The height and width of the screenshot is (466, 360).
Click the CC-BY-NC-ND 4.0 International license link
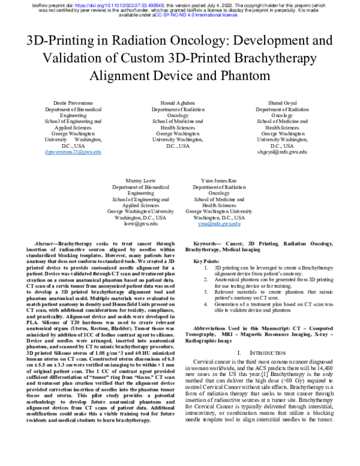click(x=195, y=16)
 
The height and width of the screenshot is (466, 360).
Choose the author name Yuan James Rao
click(x=219, y=180)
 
